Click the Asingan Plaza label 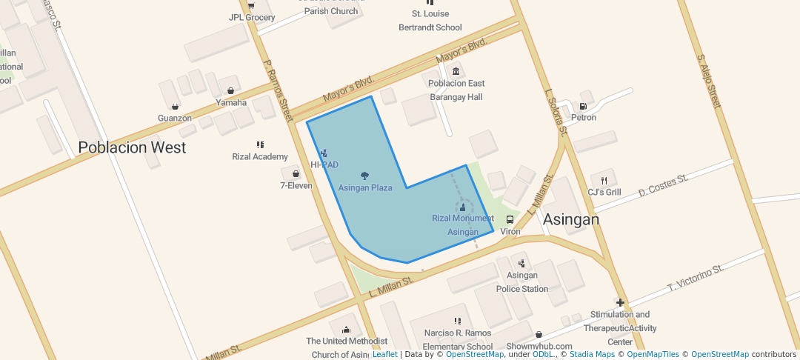tap(365, 188)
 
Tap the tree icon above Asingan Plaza tap(364, 176)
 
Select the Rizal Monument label tap(463, 218)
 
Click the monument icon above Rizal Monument tap(463, 207)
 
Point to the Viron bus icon tap(510, 220)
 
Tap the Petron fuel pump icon tap(583, 106)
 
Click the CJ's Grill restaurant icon tap(604, 180)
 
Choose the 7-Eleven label tap(296, 185)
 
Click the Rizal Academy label tap(260, 156)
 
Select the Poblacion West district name tap(132, 147)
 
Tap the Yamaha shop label tap(231, 102)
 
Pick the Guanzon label tap(175, 118)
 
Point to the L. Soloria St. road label tap(556, 113)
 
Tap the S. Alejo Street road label tap(709, 81)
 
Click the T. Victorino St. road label tap(696, 277)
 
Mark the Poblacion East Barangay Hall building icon tap(456, 71)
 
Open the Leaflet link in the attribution tap(384, 354)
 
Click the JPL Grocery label tap(252, 17)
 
